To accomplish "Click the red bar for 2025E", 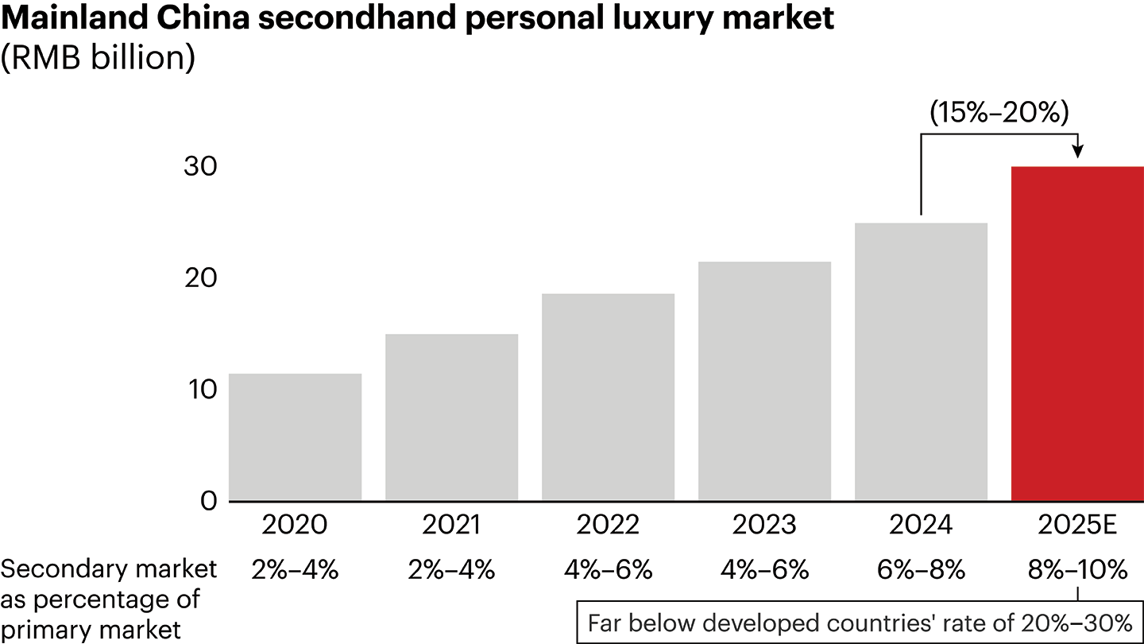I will (x=1076, y=334).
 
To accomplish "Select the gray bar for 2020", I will (x=295, y=437).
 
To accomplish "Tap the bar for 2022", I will (x=608, y=398).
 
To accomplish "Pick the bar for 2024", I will (x=921, y=362).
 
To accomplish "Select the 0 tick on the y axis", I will (x=187, y=501).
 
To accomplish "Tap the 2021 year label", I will (x=451, y=526).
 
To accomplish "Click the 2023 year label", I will (x=764, y=526).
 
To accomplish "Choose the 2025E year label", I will (x=1076, y=526).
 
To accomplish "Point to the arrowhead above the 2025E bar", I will (x=1077, y=152).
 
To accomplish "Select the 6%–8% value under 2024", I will (x=921, y=570).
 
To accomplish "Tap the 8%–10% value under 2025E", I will (x=1076, y=570).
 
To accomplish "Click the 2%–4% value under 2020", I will (x=295, y=570).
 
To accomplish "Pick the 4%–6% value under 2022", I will (x=608, y=570).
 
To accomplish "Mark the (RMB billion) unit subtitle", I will (x=98, y=60).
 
